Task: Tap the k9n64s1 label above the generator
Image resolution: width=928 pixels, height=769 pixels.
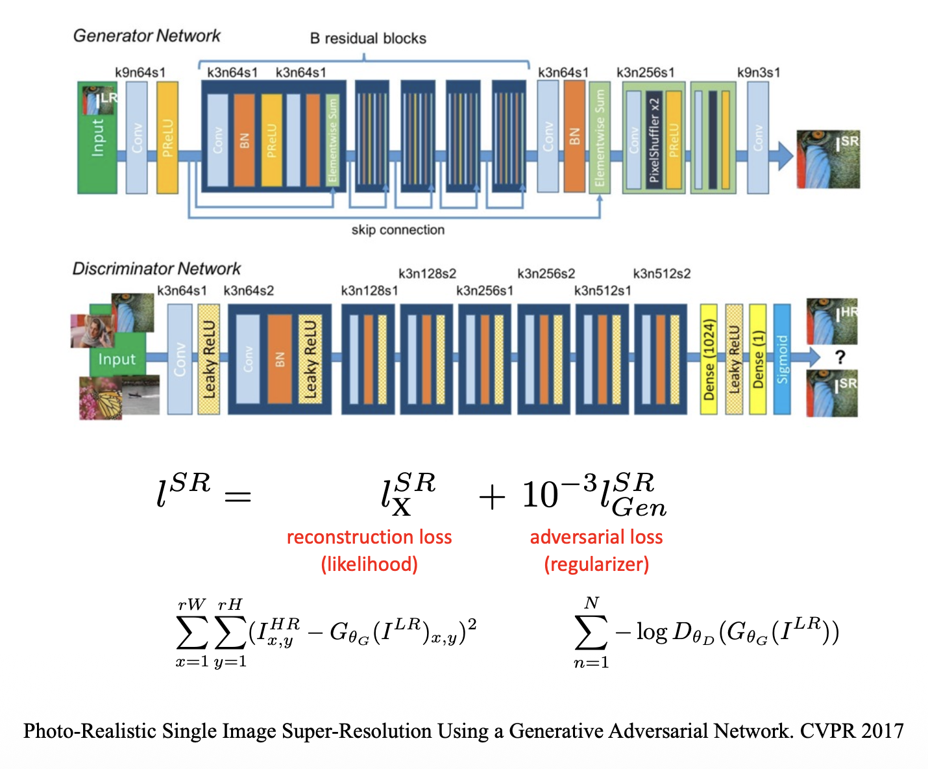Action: coord(140,72)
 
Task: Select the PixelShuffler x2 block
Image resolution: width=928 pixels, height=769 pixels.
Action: coord(654,140)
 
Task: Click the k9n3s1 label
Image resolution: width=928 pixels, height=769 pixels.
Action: coord(759,72)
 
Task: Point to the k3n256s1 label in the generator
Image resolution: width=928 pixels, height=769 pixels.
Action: coord(645,72)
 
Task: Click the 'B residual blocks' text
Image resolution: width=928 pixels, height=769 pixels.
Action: coord(368,38)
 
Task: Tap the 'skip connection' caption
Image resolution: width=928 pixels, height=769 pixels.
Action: coord(398,230)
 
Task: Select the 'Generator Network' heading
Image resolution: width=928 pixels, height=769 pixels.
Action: coord(147,36)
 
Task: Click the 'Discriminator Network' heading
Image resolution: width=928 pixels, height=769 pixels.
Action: coord(156,268)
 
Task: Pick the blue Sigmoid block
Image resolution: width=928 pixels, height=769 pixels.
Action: coord(782,359)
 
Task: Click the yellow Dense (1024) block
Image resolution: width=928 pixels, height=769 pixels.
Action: coord(709,359)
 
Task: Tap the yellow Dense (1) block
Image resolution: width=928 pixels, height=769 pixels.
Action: coord(757,359)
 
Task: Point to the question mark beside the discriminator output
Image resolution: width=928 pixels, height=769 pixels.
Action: coord(840,357)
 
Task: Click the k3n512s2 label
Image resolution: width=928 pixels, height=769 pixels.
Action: coord(662,273)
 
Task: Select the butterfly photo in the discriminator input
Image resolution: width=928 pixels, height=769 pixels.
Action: coord(101,398)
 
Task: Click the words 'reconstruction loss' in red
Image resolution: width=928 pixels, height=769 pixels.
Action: coord(369,537)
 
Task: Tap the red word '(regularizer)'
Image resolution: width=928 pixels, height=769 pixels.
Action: coord(596,564)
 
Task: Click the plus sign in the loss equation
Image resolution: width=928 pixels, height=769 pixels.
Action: coord(492,498)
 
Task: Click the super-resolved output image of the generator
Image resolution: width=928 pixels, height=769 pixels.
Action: coord(828,159)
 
